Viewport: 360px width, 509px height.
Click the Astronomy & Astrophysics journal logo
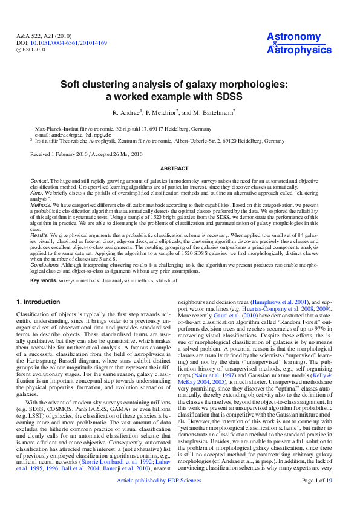(296, 44)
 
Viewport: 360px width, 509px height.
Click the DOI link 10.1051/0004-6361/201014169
(69, 44)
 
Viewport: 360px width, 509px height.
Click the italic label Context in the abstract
(40, 181)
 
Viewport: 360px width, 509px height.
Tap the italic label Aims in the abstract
(37, 193)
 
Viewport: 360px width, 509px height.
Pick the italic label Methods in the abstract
(41, 205)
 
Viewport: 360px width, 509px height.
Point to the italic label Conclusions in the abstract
(45, 265)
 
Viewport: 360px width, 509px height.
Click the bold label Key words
(43, 281)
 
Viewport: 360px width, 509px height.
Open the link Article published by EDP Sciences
(159, 498)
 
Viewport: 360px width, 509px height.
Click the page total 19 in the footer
(329, 498)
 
